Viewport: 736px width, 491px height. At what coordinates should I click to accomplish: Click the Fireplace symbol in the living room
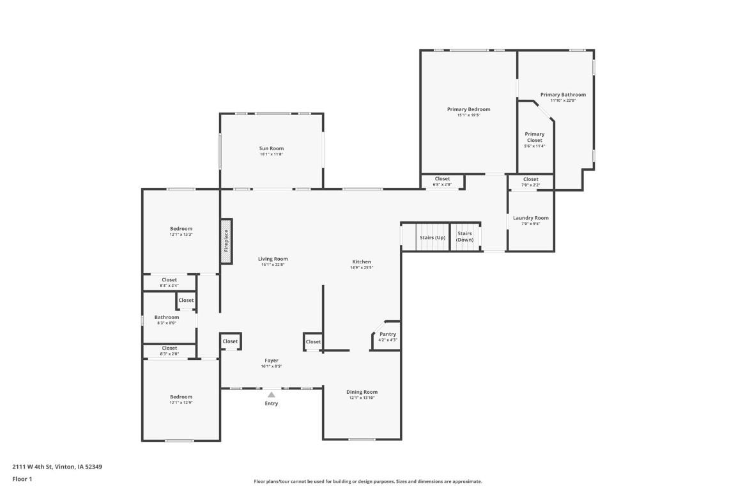click(x=226, y=241)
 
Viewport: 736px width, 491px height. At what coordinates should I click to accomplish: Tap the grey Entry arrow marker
click(x=272, y=394)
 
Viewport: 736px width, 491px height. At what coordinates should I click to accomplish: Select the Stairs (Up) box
click(x=433, y=237)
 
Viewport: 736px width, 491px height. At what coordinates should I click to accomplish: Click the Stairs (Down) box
click(x=464, y=237)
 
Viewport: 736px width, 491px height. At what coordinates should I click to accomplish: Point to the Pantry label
click(x=388, y=334)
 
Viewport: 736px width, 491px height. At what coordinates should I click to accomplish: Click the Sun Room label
click(x=272, y=148)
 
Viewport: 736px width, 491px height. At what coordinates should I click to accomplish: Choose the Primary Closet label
click(x=535, y=137)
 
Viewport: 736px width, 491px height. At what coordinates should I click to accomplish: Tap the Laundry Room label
click(x=531, y=218)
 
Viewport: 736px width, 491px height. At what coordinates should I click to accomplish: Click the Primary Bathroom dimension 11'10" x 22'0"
click(x=563, y=100)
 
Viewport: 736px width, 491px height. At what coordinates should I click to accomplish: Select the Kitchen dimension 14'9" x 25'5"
click(x=362, y=267)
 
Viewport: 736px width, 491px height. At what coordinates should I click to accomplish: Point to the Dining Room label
click(x=362, y=392)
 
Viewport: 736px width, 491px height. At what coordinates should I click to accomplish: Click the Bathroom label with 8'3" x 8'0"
click(x=167, y=317)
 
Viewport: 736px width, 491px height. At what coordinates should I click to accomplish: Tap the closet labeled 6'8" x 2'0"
click(x=442, y=182)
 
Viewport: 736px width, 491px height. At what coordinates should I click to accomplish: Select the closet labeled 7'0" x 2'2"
click(x=531, y=182)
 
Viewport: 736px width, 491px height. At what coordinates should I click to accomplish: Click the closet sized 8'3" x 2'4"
click(x=169, y=283)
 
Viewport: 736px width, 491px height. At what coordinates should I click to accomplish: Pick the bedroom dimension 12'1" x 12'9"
click(x=181, y=403)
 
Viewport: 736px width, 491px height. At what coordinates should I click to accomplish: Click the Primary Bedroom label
click(x=469, y=109)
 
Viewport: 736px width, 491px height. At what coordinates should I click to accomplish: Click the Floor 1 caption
click(x=22, y=479)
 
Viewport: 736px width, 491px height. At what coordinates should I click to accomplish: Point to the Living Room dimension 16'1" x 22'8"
click(x=273, y=265)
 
